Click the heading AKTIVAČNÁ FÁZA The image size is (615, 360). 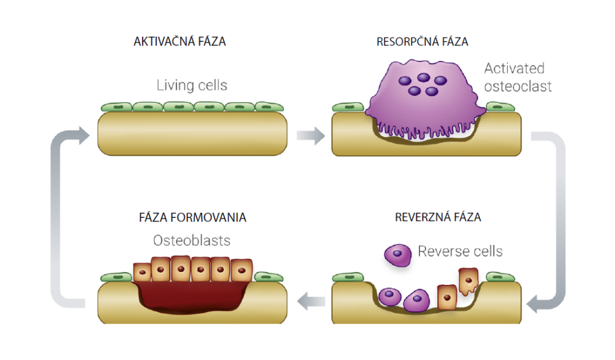tap(180, 42)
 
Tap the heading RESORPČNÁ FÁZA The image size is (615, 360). tap(422, 42)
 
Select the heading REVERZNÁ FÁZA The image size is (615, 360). tap(438, 217)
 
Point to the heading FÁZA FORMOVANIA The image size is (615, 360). tap(192, 218)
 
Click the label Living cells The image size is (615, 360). tap(192, 85)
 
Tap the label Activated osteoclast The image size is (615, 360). tap(517, 77)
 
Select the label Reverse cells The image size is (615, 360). tap(460, 251)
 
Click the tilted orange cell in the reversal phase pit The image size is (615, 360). tap(469, 281)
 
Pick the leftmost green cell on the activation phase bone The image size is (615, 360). tap(117, 107)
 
